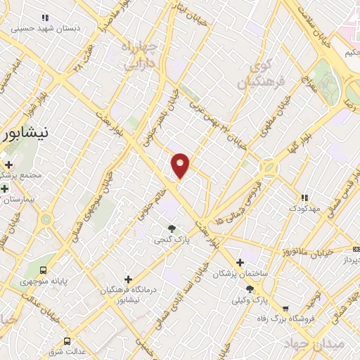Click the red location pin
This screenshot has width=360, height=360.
tap(181, 165)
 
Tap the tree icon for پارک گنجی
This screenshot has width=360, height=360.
tap(172, 228)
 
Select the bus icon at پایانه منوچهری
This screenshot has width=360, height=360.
tap(44, 270)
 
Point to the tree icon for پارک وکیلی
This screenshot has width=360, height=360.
tap(250, 289)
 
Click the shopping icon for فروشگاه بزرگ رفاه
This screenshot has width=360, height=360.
tap(285, 308)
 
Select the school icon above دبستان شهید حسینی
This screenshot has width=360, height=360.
tap(46, 18)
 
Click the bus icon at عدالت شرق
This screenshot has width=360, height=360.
tap(67, 341)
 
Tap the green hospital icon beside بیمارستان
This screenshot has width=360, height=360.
tap(5, 188)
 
